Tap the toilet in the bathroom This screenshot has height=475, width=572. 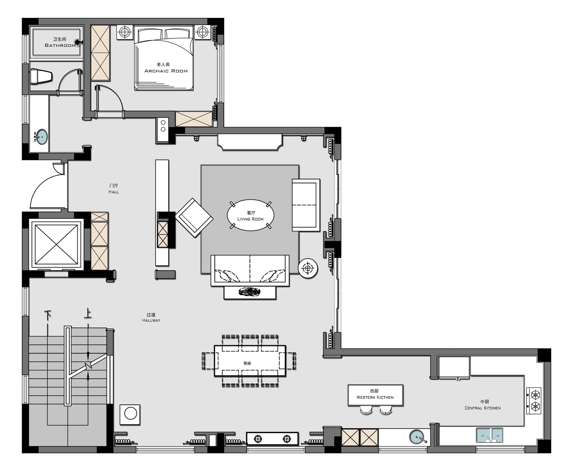(41, 76)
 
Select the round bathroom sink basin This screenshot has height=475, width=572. (42, 137)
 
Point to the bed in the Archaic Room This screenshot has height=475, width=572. (164, 59)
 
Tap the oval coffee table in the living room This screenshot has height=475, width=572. (251, 215)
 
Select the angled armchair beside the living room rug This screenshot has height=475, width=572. (194, 218)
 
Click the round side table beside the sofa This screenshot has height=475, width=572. (308, 268)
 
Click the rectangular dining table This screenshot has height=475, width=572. (250, 361)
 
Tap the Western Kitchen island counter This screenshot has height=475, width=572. (375, 395)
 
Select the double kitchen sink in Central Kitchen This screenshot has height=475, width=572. (489, 435)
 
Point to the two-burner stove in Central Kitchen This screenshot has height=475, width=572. (534, 401)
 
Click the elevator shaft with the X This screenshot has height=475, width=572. (56, 244)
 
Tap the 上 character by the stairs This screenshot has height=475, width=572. (88, 314)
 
